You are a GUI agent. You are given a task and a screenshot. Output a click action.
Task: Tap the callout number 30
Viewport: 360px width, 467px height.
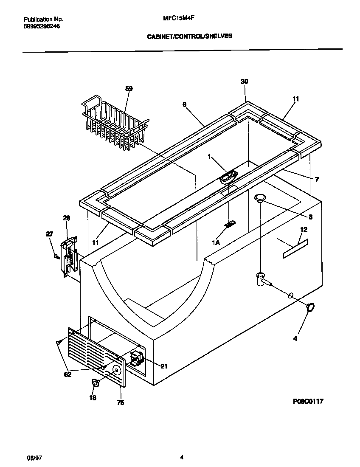click(x=244, y=82)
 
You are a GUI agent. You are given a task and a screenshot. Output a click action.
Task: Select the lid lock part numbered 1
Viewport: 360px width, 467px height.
click(x=228, y=176)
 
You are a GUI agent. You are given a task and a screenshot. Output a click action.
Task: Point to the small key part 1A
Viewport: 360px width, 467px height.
click(x=231, y=224)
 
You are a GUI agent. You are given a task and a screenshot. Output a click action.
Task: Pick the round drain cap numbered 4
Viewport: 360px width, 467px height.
click(x=310, y=307)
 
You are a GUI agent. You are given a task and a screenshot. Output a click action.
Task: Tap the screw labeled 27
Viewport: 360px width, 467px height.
click(x=56, y=256)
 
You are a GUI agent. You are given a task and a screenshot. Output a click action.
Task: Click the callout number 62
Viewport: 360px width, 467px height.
click(x=68, y=374)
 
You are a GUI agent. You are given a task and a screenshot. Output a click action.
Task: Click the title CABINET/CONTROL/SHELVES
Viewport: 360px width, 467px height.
click(x=189, y=37)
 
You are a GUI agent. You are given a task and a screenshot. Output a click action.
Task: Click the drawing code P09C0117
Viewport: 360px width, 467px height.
click(x=308, y=401)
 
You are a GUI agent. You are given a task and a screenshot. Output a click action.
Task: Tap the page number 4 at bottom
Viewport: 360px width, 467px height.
click(x=182, y=457)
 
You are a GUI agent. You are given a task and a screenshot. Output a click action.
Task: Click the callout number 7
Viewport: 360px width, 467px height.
click(x=316, y=180)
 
